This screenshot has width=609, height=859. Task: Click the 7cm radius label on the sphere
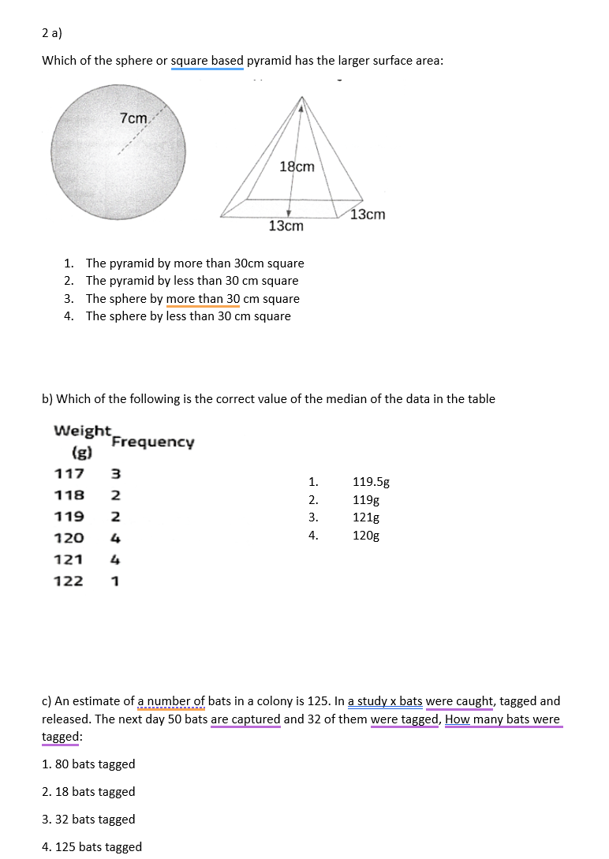[x=133, y=118]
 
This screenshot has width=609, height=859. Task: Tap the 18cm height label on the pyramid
[x=297, y=166]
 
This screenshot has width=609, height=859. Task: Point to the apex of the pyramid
[x=301, y=98]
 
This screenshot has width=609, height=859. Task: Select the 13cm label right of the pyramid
[x=368, y=215]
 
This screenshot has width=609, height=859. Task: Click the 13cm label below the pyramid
[x=286, y=226]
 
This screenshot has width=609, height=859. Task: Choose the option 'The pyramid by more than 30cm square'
[x=194, y=263]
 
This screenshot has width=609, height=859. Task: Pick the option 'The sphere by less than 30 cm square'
[x=188, y=316]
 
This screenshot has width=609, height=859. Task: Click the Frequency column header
[x=152, y=442]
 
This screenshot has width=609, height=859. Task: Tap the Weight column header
[x=81, y=431]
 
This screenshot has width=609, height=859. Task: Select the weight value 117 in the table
[x=69, y=474]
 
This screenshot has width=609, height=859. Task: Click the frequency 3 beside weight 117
[x=115, y=474]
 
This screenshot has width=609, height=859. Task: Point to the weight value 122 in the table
[x=69, y=581]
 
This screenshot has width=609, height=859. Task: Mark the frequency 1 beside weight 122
[x=115, y=581]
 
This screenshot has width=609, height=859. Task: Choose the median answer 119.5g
[x=371, y=482]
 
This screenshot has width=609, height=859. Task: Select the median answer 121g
[x=366, y=517]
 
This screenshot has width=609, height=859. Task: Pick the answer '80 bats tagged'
[x=88, y=764]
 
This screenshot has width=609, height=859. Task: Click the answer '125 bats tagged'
[x=92, y=847]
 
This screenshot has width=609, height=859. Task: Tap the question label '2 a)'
[x=52, y=33]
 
